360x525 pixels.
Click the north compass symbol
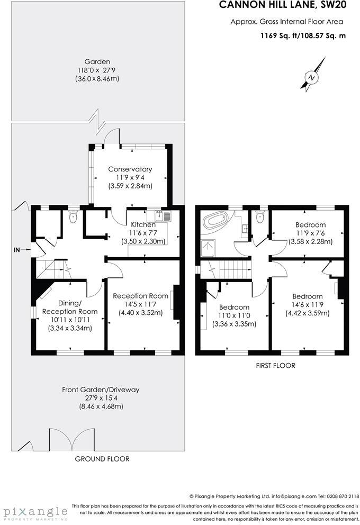[313, 77]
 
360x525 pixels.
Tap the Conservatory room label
[130, 169]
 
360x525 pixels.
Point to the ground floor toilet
[73, 217]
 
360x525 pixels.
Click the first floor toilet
[259, 218]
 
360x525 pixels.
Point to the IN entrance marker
[16, 249]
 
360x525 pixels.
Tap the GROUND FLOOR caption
[102, 459]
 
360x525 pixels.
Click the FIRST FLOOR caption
[275, 366]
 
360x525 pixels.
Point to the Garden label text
[97, 61]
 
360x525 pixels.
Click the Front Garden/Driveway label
[101, 390]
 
